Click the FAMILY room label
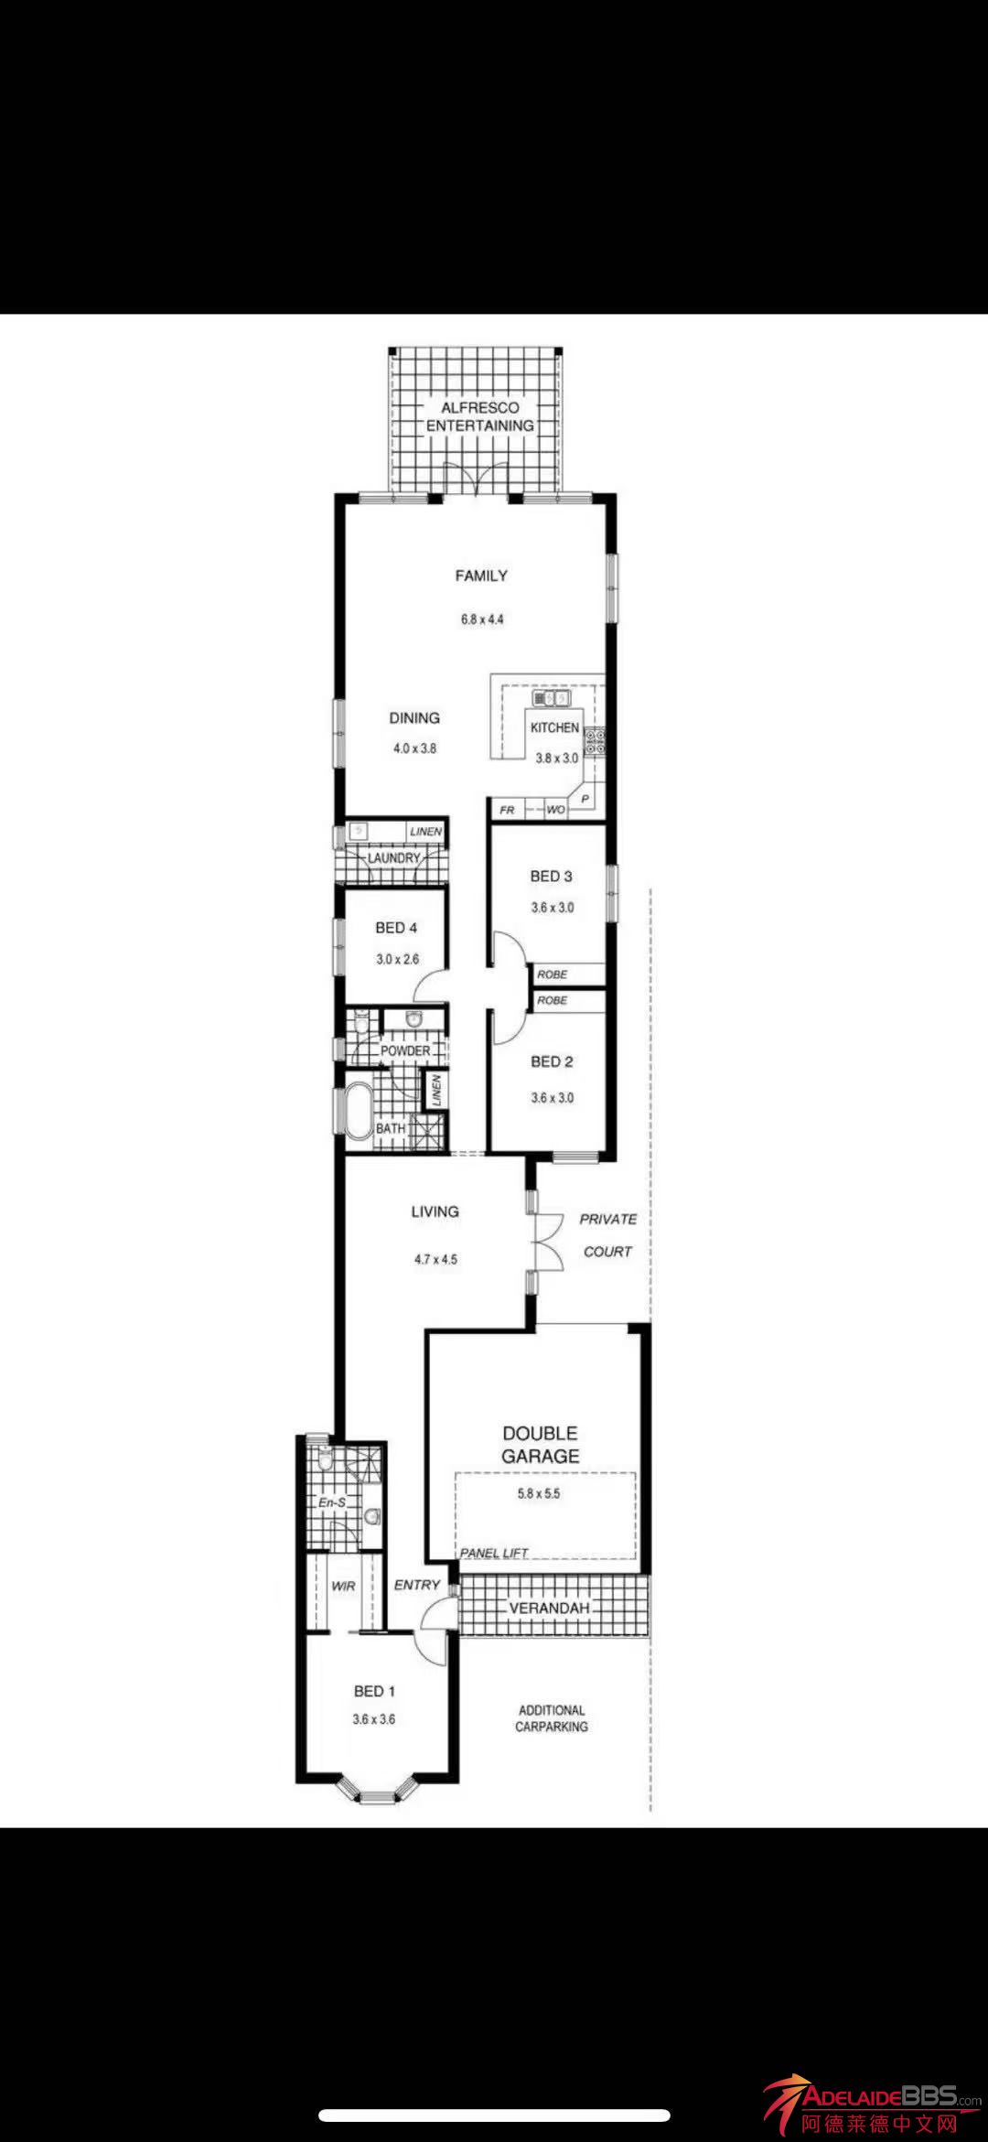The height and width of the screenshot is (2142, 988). click(481, 576)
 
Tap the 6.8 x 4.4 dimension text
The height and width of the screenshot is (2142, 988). click(482, 619)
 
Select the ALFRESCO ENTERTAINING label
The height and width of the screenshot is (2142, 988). click(480, 416)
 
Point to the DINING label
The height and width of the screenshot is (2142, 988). click(414, 718)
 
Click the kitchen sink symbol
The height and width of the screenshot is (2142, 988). click(552, 699)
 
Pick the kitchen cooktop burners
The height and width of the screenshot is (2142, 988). click(595, 741)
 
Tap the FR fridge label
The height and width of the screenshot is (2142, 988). click(508, 810)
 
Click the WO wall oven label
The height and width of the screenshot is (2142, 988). click(555, 810)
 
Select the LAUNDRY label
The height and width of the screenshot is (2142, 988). click(393, 858)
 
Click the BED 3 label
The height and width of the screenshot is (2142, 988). click(552, 876)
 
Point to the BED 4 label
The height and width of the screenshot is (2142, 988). click(396, 928)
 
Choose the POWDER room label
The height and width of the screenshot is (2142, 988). click(405, 1050)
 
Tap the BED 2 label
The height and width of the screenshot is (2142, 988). click(552, 1061)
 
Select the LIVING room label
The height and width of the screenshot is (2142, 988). click(435, 1211)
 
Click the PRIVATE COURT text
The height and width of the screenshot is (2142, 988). click(608, 1235)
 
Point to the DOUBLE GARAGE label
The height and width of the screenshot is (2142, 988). click(541, 1445)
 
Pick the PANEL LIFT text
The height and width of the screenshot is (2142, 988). click(494, 1553)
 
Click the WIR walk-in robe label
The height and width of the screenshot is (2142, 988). click(343, 1586)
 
